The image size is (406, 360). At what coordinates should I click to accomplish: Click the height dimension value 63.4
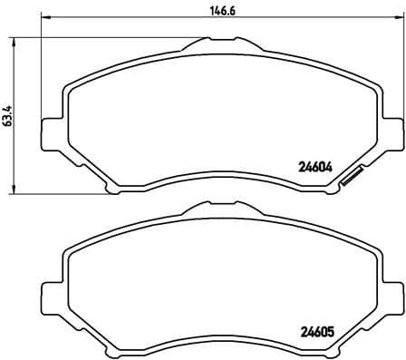7,115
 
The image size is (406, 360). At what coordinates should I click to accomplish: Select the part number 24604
316,166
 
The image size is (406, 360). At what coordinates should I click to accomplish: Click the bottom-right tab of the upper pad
295,187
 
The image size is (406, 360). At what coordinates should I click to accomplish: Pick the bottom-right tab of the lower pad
295,350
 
